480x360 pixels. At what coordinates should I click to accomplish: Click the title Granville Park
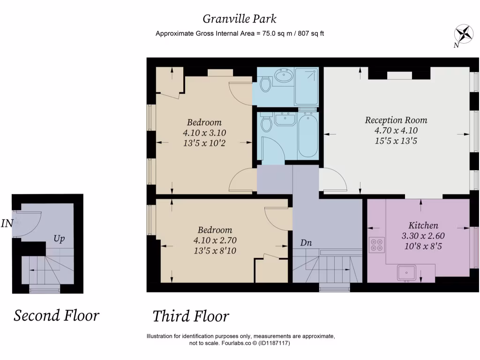[240, 19]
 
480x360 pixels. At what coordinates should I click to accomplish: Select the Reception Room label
[396, 120]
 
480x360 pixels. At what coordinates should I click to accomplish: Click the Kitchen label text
[423, 225]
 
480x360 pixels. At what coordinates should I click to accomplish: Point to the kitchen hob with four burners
[376, 245]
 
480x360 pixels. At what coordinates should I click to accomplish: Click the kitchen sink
[406, 273]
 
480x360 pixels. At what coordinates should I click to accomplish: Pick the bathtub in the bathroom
[308, 135]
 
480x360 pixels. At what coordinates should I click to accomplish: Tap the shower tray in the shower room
[306, 87]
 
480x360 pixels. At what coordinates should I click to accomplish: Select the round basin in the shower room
[284, 75]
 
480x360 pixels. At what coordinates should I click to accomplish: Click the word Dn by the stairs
[306, 243]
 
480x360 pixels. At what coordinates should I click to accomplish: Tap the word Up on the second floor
[59, 239]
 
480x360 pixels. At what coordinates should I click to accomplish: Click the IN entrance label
[7, 224]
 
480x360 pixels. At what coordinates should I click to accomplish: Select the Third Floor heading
[191, 316]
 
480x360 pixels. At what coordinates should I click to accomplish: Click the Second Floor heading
[56, 315]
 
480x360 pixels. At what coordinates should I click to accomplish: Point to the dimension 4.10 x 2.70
[215, 240]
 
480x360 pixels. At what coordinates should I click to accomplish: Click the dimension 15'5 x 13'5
[396, 141]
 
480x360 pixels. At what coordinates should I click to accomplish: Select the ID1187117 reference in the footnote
[274, 343]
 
